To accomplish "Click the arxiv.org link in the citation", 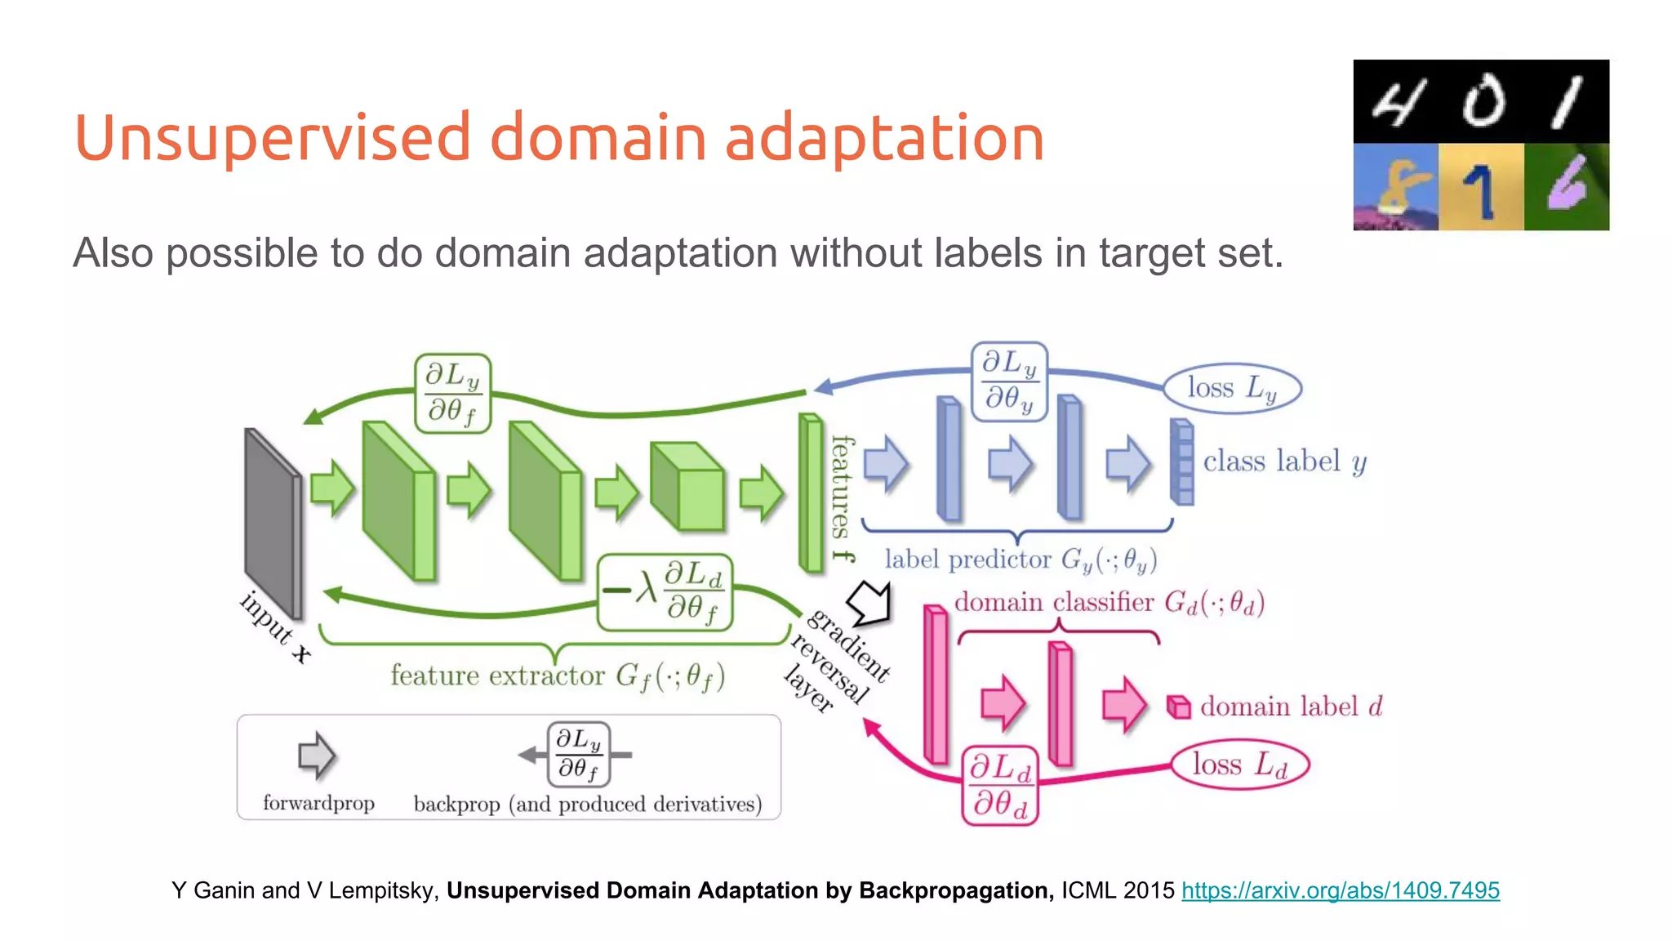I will [1340, 890].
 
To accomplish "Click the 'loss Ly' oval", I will [1231, 387].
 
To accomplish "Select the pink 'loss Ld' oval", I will [1239, 765].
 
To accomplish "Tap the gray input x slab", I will [273, 523].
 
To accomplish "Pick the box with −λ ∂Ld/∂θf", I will [665, 592].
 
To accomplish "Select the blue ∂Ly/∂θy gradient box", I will [1009, 381].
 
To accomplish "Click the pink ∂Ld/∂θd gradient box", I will [999, 785].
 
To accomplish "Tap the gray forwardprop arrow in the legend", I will [316, 755].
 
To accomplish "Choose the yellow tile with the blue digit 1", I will [1480, 187].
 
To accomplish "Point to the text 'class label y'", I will [1284, 462].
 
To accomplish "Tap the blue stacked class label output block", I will [1181, 462].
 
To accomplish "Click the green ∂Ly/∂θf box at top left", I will [452, 393].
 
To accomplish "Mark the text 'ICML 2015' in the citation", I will [1117, 890].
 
